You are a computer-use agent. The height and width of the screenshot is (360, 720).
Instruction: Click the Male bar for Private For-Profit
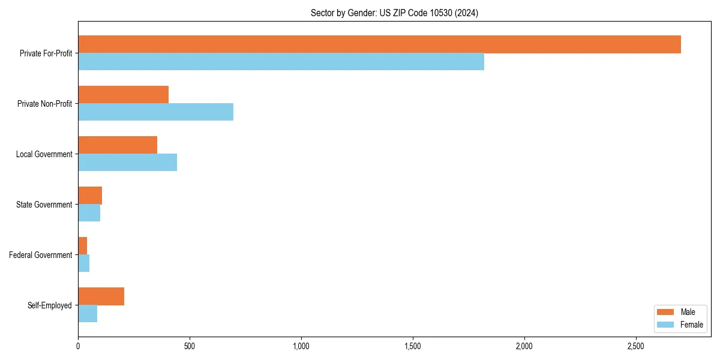[x=379, y=44]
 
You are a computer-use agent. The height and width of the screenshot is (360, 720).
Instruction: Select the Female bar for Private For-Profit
[x=281, y=62]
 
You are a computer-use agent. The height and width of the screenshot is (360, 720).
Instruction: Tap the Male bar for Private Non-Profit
[x=123, y=95]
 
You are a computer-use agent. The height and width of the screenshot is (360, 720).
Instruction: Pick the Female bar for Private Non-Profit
[x=155, y=112]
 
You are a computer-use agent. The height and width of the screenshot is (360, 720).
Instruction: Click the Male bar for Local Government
[x=118, y=145]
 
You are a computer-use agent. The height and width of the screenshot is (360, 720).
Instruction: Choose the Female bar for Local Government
[x=127, y=163]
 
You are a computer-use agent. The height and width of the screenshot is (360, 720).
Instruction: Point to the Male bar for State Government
[x=90, y=196]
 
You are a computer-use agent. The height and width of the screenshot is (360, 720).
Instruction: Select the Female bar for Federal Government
[x=83, y=263]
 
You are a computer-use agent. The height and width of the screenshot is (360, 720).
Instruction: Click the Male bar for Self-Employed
[x=101, y=296]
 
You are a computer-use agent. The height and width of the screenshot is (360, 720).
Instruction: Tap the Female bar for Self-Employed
[x=88, y=314]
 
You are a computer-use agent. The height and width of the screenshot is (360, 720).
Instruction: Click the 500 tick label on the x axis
[x=190, y=346]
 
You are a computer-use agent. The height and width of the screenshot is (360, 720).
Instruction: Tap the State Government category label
[x=44, y=205]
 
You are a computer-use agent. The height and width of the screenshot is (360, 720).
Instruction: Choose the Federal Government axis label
[x=40, y=255]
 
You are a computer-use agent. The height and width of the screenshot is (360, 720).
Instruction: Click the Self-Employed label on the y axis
[x=49, y=305]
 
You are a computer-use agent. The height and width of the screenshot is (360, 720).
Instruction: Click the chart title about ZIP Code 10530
[x=394, y=13]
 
